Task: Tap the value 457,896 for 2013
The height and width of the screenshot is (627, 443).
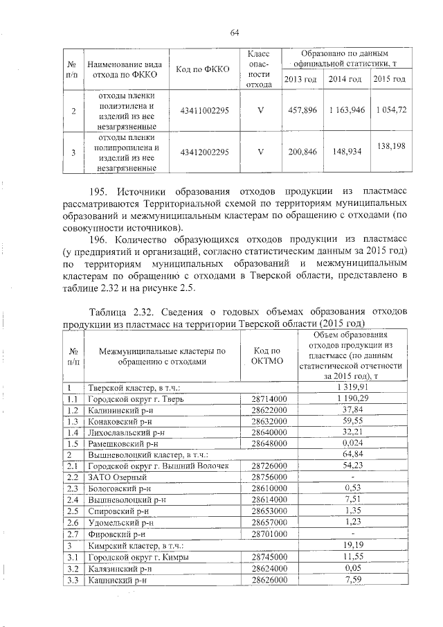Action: (302, 111)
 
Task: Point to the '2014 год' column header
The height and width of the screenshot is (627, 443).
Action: (345, 80)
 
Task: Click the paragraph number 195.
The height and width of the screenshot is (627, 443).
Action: (101, 191)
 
